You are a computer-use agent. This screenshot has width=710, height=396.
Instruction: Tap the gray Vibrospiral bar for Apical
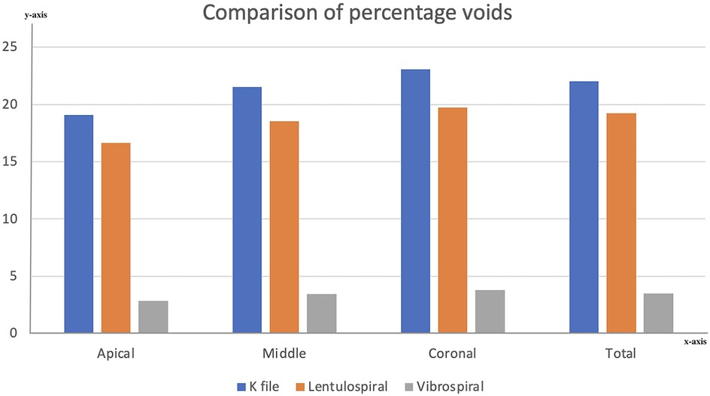tap(153, 316)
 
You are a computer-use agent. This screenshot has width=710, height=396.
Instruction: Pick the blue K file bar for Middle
tap(247, 210)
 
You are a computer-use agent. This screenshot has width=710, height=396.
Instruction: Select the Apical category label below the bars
tap(116, 353)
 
